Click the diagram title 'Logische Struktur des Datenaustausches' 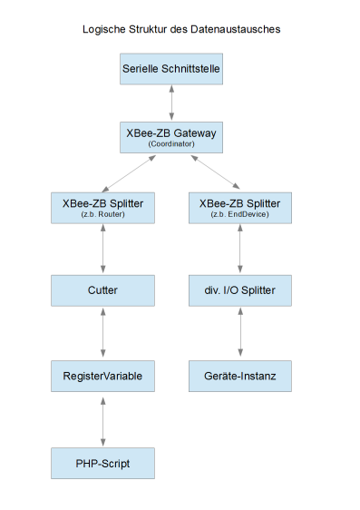click(x=180, y=29)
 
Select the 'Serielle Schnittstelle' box click(x=171, y=69)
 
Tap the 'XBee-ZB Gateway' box click(x=171, y=137)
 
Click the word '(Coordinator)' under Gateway click(x=171, y=145)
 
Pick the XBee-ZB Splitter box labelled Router click(x=102, y=208)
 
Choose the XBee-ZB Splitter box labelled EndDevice click(x=239, y=208)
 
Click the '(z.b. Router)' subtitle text click(x=102, y=215)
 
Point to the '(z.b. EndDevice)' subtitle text click(x=239, y=215)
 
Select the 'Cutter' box click(x=102, y=290)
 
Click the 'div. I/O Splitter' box click(x=239, y=290)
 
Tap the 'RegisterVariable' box click(x=102, y=375)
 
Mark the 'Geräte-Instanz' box click(x=239, y=375)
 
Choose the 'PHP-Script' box click(x=102, y=463)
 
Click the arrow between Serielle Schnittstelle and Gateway click(x=171, y=103)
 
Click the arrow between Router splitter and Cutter click(x=102, y=249)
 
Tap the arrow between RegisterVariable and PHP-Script click(x=102, y=418)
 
